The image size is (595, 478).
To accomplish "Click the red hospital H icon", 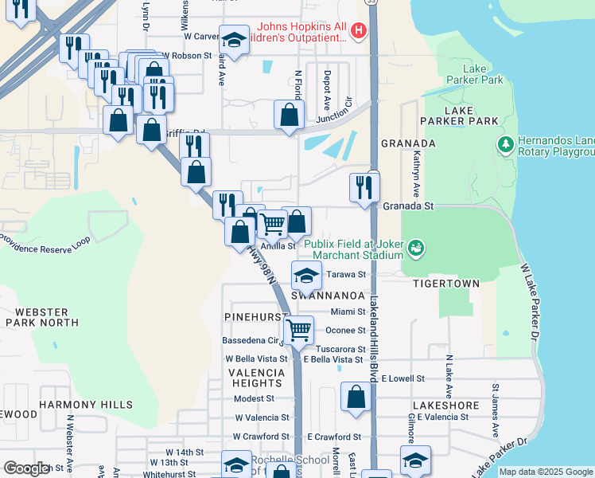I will pos(359,31).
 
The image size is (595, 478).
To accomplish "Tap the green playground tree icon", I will pos(504,144).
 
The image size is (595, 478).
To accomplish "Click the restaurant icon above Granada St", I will pos(364,188).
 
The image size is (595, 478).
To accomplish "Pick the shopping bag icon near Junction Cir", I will pos(288,115).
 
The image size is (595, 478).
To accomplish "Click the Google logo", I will pos(26,468).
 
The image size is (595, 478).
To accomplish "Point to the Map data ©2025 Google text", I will pos(546,472).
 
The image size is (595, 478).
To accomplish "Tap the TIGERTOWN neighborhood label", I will pos(452,284).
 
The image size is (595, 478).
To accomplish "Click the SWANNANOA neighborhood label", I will pos(327,295).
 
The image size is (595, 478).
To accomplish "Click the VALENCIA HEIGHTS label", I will pos(256,378).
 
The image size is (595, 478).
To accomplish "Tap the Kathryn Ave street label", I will pos(415,179).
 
